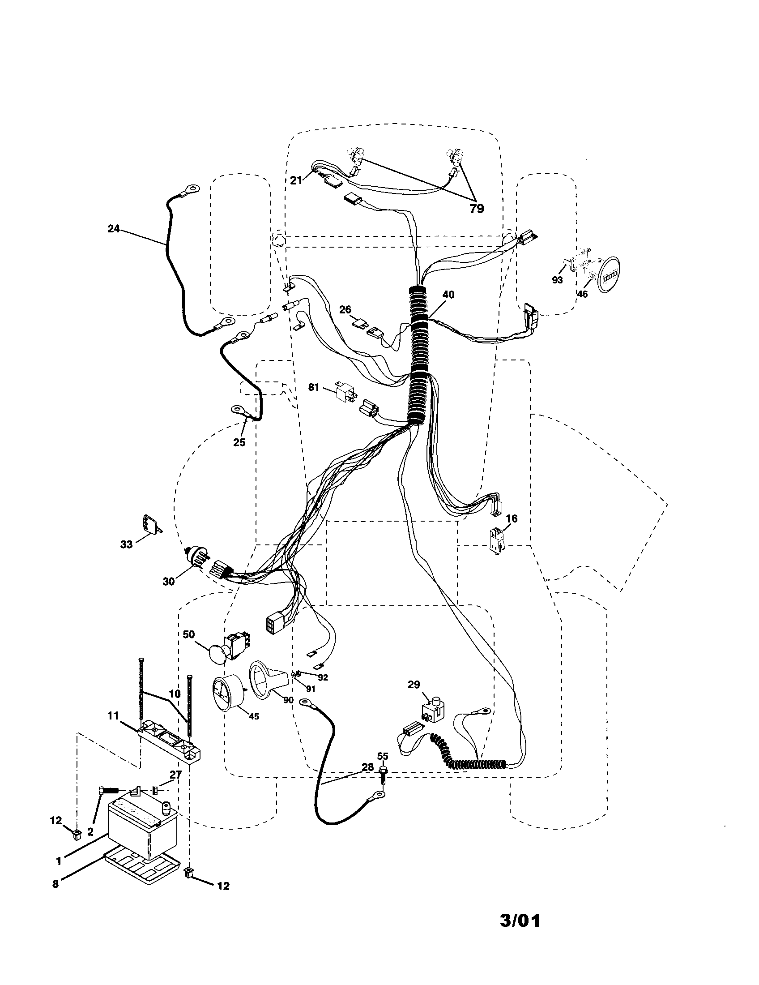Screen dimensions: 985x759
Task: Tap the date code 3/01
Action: (x=520, y=917)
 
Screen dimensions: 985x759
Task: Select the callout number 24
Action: (x=114, y=229)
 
